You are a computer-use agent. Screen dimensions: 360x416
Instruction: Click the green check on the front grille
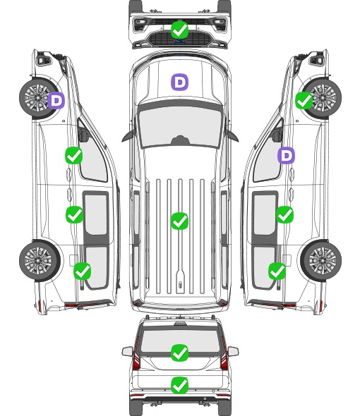coord(180,30)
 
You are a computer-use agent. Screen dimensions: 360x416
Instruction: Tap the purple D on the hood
coord(179,82)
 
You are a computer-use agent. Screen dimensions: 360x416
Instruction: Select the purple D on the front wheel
coord(56,101)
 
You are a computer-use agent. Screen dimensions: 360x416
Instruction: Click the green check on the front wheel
coord(304,101)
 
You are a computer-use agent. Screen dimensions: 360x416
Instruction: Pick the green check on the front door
coord(74,156)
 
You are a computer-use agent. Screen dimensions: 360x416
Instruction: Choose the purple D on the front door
coord(286,155)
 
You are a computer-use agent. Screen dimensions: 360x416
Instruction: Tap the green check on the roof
coord(180,221)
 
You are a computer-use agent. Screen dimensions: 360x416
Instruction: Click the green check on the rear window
coord(180,353)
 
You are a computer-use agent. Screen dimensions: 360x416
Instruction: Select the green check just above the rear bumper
coord(180,385)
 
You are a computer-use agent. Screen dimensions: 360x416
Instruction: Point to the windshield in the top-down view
coord(180,126)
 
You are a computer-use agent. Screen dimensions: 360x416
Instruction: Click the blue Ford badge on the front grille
coord(180,41)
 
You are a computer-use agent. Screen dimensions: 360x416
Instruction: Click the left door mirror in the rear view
coord(127,351)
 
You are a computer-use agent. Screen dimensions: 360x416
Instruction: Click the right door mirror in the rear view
coord(233,351)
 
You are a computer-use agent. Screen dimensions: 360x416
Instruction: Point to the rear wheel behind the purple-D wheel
coord(40,260)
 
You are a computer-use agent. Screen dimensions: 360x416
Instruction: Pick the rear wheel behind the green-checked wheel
coord(321,260)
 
